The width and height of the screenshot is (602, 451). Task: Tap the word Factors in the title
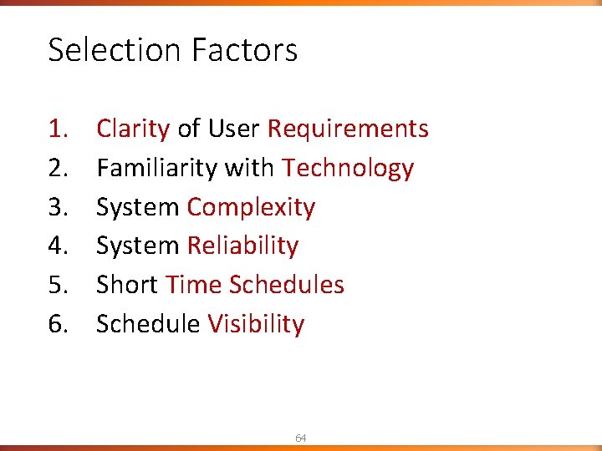pyautogui.click(x=244, y=50)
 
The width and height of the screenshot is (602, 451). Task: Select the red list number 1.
pyautogui.click(x=58, y=129)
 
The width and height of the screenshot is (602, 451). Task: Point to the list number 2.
pyautogui.click(x=58, y=168)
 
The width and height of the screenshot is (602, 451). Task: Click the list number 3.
pyautogui.click(x=58, y=207)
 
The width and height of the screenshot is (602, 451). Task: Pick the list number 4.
pyautogui.click(x=58, y=246)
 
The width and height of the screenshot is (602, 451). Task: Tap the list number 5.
pyautogui.click(x=58, y=285)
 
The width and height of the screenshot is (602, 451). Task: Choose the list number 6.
pyautogui.click(x=58, y=324)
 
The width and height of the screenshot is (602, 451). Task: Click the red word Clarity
pyautogui.click(x=133, y=129)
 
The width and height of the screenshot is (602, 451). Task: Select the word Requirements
pyautogui.click(x=348, y=129)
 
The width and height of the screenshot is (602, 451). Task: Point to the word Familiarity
pyautogui.click(x=156, y=168)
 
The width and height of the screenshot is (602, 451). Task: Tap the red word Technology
pyautogui.click(x=348, y=168)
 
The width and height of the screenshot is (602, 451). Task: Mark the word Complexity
pyautogui.click(x=251, y=207)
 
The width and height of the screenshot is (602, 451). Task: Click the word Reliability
pyautogui.click(x=242, y=246)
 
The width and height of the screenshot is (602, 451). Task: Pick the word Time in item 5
pyautogui.click(x=194, y=285)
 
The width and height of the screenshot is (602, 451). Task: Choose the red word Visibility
pyautogui.click(x=256, y=324)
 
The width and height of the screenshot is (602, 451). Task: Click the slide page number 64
pyautogui.click(x=301, y=438)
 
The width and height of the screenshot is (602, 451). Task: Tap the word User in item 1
pyautogui.click(x=234, y=129)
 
